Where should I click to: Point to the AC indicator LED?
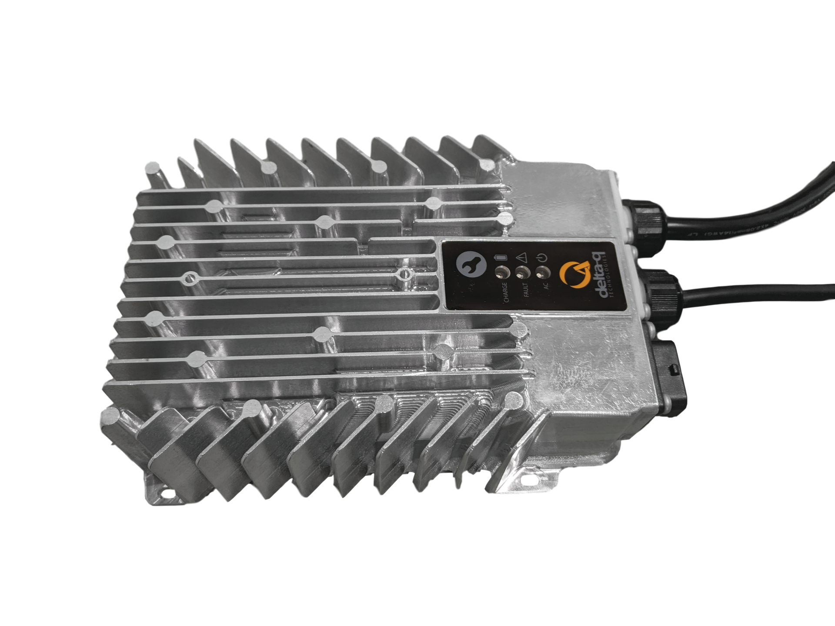click(542, 273)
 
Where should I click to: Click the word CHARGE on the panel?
click(505, 292)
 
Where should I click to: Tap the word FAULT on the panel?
click(525, 290)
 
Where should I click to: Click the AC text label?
click(546, 286)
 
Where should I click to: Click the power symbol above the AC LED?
click(542, 257)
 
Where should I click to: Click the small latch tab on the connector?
click(674, 370)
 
